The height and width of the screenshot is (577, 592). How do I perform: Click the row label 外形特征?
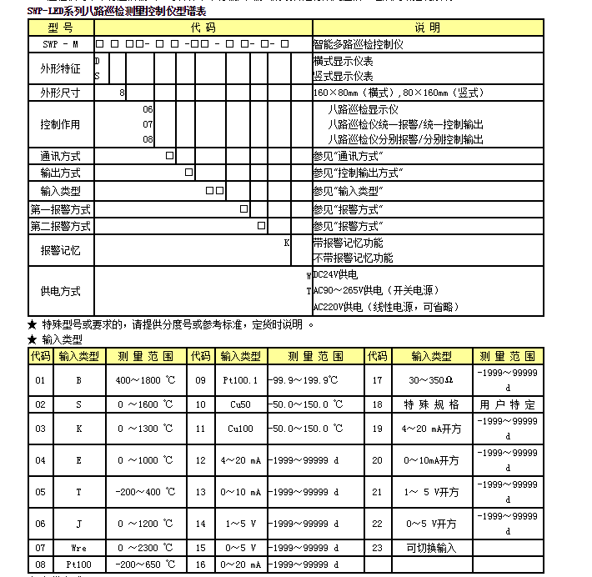pyautogui.click(x=61, y=68)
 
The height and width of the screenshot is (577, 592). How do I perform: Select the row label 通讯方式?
pyautogui.click(x=61, y=157)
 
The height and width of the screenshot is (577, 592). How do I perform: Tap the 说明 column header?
pyautogui.click(x=425, y=28)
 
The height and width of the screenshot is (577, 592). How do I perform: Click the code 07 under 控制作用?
pyautogui.click(x=148, y=125)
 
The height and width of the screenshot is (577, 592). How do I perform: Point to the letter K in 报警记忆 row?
pyautogui.click(x=286, y=243)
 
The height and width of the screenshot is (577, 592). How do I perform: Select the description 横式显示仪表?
pyautogui.click(x=343, y=62)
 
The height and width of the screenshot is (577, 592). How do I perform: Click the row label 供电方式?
pyautogui.click(x=61, y=291)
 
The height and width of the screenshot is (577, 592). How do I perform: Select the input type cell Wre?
pyautogui.click(x=78, y=548)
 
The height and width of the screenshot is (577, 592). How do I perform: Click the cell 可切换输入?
pyautogui.click(x=431, y=548)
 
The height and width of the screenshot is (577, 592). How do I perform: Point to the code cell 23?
pyautogui.click(x=377, y=548)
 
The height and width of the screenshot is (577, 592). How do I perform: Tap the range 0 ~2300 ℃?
pyautogui.click(x=146, y=548)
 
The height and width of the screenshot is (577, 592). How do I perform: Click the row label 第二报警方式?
pyautogui.click(x=61, y=226)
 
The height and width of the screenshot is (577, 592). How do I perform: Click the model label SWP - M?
pyautogui.click(x=61, y=43)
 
